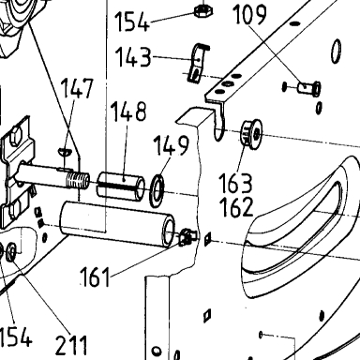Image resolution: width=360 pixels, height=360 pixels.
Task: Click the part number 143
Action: click(133, 57)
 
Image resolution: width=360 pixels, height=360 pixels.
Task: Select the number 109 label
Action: click(249, 15)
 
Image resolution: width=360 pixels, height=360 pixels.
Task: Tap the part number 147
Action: click(77, 88)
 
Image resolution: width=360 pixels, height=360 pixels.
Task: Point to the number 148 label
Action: click(128, 112)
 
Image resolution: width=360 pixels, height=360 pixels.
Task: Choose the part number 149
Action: click(172, 145)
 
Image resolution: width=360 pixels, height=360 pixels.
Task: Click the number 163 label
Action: click(235, 183)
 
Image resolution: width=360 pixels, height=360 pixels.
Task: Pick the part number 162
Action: click(236, 207)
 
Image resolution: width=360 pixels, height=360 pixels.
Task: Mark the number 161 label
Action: click(95, 277)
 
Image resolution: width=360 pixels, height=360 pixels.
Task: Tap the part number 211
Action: click(71, 345)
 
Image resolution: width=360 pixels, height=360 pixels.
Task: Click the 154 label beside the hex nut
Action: click(132, 22)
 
